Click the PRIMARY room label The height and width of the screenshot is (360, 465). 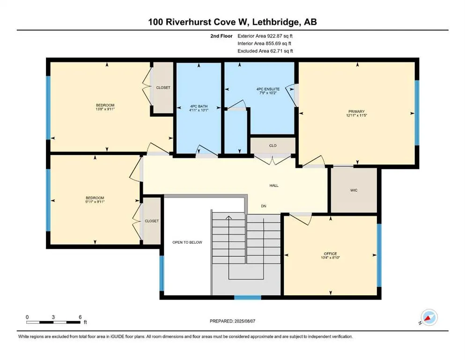click(x=356, y=112)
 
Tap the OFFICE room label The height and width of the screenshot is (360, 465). click(x=330, y=254)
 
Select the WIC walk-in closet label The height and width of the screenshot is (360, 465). click(x=354, y=190)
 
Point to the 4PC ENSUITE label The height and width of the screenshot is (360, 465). click(x=268, y=89)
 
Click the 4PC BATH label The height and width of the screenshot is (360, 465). click(x=199, y=106)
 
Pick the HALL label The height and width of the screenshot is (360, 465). click(x=274, y=186)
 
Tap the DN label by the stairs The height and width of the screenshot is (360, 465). click(x=264, y=206)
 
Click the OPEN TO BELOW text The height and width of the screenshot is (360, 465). click(x=187, y=242)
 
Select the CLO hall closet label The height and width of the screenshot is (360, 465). click(x=273, y=145)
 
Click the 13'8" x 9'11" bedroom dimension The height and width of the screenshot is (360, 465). click(x=105, y=109)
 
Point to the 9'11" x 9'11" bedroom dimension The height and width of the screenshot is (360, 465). click(x=95, y=202)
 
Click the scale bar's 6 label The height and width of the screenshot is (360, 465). click(x=80, y=317)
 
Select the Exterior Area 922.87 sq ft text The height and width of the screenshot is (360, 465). click(x=265, y=36)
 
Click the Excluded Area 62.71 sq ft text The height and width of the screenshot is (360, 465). click(x=265, y=51)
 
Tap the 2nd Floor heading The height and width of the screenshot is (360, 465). click(x=221, y=36)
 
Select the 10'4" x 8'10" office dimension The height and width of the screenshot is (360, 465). click(x=330, y=258)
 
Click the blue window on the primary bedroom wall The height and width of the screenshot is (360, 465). click(x=417, y=113)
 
